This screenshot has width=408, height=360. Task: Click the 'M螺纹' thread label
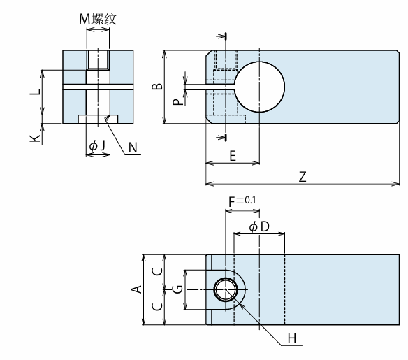(x=98, y=19)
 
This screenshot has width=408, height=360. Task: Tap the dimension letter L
(x=35, y=92)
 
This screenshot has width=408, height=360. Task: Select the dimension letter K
(x=35, y=138)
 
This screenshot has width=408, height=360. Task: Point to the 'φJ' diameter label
(x=97, y=145)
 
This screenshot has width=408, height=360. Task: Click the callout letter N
(x=133, y=147)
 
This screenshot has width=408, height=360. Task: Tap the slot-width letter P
(x=178, y=102)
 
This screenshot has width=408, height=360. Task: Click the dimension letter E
(x=233, y=156)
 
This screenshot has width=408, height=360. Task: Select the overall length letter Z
(x=303, y=177)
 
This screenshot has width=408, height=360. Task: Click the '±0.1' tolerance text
(x=246, y=200)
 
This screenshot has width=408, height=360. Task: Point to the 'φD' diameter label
(x=259, y=227)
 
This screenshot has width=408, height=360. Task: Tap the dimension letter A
(x=137, y=289)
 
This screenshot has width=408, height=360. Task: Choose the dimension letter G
(x=178, y=289)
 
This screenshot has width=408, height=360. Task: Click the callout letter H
(x=292, y=338)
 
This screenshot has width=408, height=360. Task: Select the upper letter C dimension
(x=157, y=271)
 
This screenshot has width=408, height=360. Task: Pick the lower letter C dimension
(x=157, y=307)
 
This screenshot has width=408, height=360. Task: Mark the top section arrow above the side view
(x=221, y=36)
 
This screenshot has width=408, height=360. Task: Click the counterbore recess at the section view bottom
(x=98, y=120)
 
